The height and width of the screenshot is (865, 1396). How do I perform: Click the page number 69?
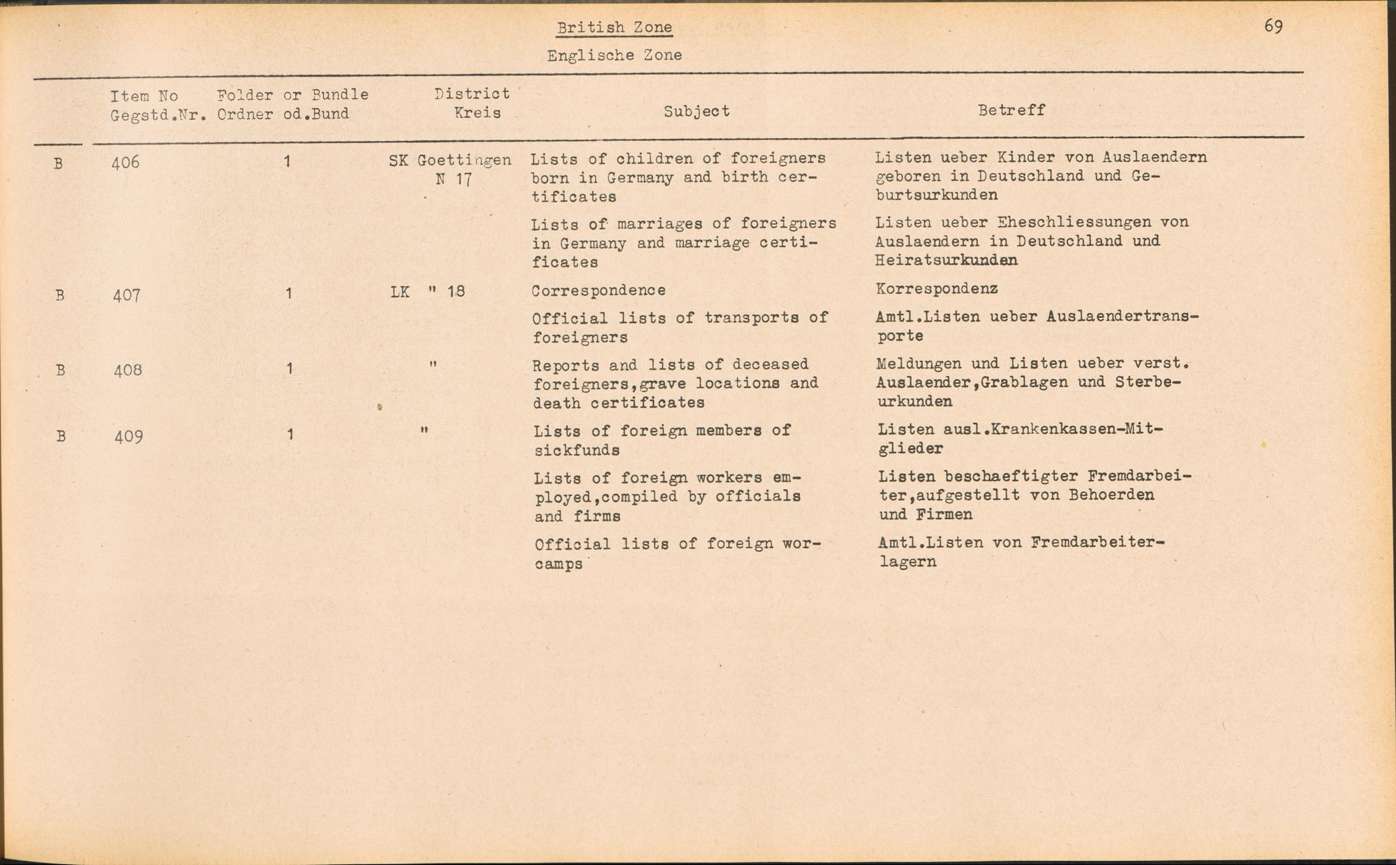[1273, 27]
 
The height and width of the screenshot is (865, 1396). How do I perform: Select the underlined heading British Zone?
[614, 28]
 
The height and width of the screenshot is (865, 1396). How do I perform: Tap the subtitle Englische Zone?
[614, 55]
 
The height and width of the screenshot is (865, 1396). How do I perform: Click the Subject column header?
[697, 111]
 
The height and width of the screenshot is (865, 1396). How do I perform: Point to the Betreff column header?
[1011, 110]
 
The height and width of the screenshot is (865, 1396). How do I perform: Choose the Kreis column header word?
[477, 113]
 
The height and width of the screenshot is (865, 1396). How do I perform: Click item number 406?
[126, 163]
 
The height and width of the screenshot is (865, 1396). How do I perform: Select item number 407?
[127, 295]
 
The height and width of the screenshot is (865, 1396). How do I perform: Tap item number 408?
[128, 370]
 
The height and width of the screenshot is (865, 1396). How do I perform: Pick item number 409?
[128, 437]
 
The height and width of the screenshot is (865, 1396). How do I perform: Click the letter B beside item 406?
[58, 164]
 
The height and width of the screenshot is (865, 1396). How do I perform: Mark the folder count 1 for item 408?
[289, 368]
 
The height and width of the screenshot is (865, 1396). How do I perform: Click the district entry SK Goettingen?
[450, 160]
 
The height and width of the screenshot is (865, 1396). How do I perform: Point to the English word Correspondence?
[598, 290]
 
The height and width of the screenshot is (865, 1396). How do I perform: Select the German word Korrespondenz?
[936, 288]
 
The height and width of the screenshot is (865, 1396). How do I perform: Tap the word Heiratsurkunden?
[946, 260]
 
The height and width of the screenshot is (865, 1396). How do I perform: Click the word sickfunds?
[577, 451]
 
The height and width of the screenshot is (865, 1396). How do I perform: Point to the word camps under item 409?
[558, 564]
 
